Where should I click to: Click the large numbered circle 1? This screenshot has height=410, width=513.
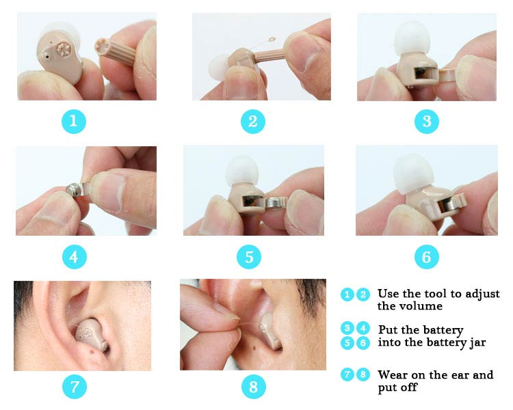click(74, 122)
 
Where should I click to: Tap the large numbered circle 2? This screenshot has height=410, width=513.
click(252, 122)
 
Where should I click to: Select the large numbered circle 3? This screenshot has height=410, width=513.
click(427, 122)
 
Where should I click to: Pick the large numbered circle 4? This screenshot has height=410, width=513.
click(75, 257)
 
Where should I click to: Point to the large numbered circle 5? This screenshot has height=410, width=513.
click(249, 257)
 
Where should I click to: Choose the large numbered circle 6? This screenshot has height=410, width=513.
click(427, 257)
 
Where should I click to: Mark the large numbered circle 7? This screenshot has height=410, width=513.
click(75, 387)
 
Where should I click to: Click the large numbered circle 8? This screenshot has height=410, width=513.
click(253, 387)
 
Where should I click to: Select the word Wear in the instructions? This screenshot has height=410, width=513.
click(393, 374)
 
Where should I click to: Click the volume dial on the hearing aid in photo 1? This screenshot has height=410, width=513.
click(64, 50)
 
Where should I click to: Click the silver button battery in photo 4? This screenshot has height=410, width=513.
click(74, 190)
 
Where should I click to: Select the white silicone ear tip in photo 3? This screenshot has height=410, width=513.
click(411, 38)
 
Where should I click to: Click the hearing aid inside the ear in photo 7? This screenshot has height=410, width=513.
click(90, 335)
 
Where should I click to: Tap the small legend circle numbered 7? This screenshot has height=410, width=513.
click(347, 374)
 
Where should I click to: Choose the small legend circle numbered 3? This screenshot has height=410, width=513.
click(347, 328)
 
